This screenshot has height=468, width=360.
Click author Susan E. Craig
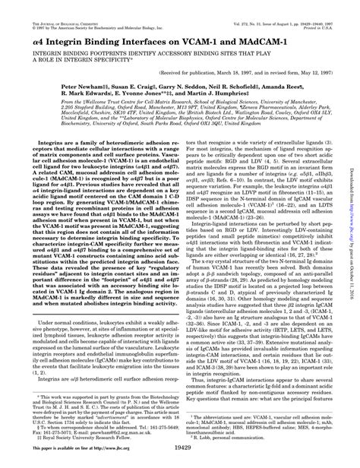(x=147, y=87)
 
